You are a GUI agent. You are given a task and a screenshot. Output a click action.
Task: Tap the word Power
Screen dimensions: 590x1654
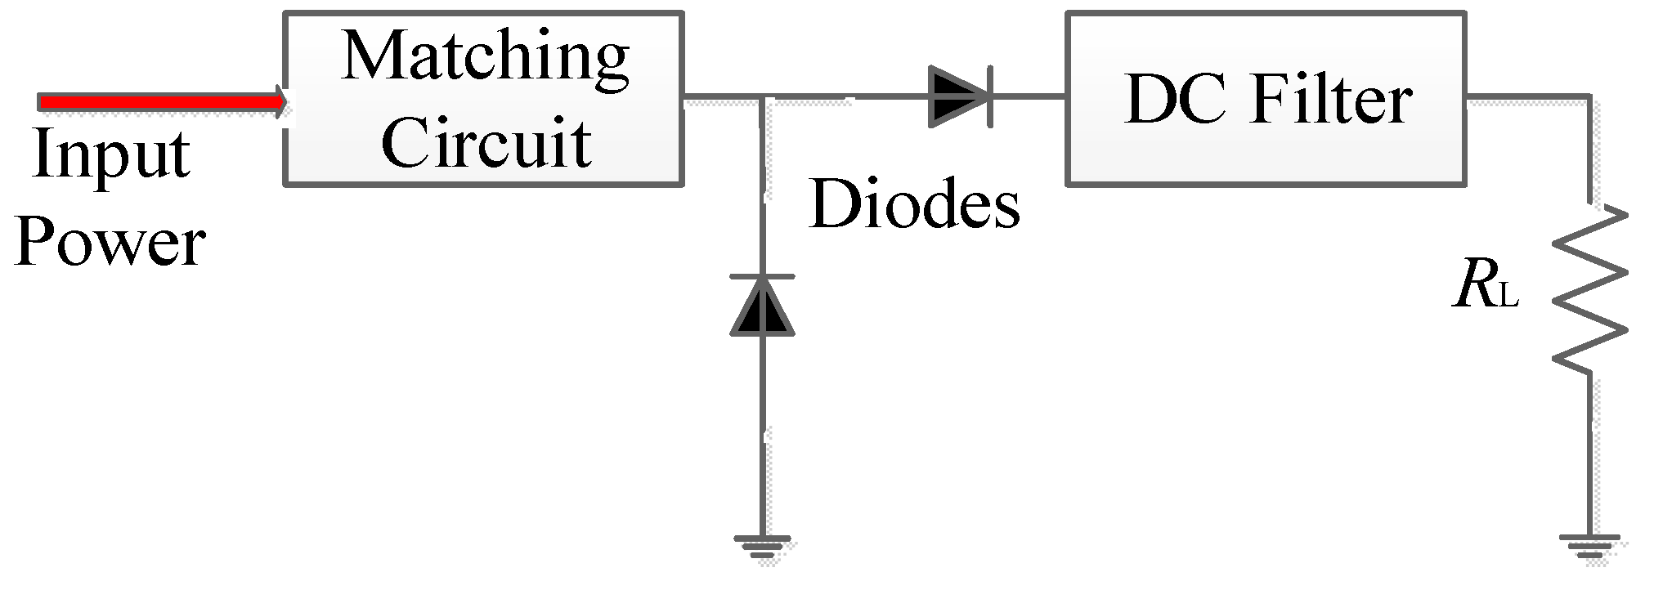coord(110,244)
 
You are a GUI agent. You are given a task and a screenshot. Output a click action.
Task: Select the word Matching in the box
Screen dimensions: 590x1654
coord(485,57)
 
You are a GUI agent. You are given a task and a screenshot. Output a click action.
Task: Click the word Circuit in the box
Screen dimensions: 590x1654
coord(486,142)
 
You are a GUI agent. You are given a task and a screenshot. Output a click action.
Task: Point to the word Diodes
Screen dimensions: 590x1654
coord(914,203)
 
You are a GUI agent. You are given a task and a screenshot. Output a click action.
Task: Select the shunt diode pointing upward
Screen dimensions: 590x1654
coord(762,306)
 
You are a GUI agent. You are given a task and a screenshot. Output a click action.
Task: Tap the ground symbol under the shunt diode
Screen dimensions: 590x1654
coord(762,546)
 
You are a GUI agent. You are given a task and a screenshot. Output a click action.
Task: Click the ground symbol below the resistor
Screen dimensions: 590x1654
coord(1589,545)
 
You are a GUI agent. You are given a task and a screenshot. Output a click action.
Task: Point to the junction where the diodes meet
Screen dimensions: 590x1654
coord(762,99)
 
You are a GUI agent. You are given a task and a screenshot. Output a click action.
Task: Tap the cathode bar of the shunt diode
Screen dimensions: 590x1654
coord(762,277)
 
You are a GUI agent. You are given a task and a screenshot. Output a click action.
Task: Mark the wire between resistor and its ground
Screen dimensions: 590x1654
coord(1589,458)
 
